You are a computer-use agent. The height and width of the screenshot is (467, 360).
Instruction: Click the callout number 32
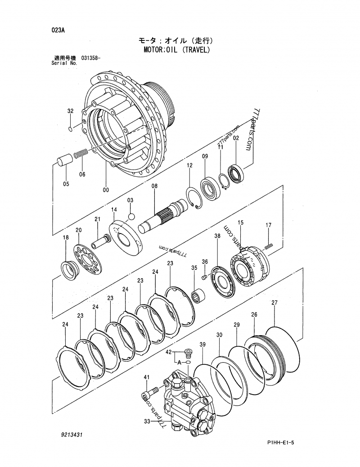click(70, 111)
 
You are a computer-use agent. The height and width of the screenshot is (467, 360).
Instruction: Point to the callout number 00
click(105, 190)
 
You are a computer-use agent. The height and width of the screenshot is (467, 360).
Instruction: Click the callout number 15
click(241, 222)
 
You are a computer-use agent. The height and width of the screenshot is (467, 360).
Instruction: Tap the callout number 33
click(146, 422)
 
